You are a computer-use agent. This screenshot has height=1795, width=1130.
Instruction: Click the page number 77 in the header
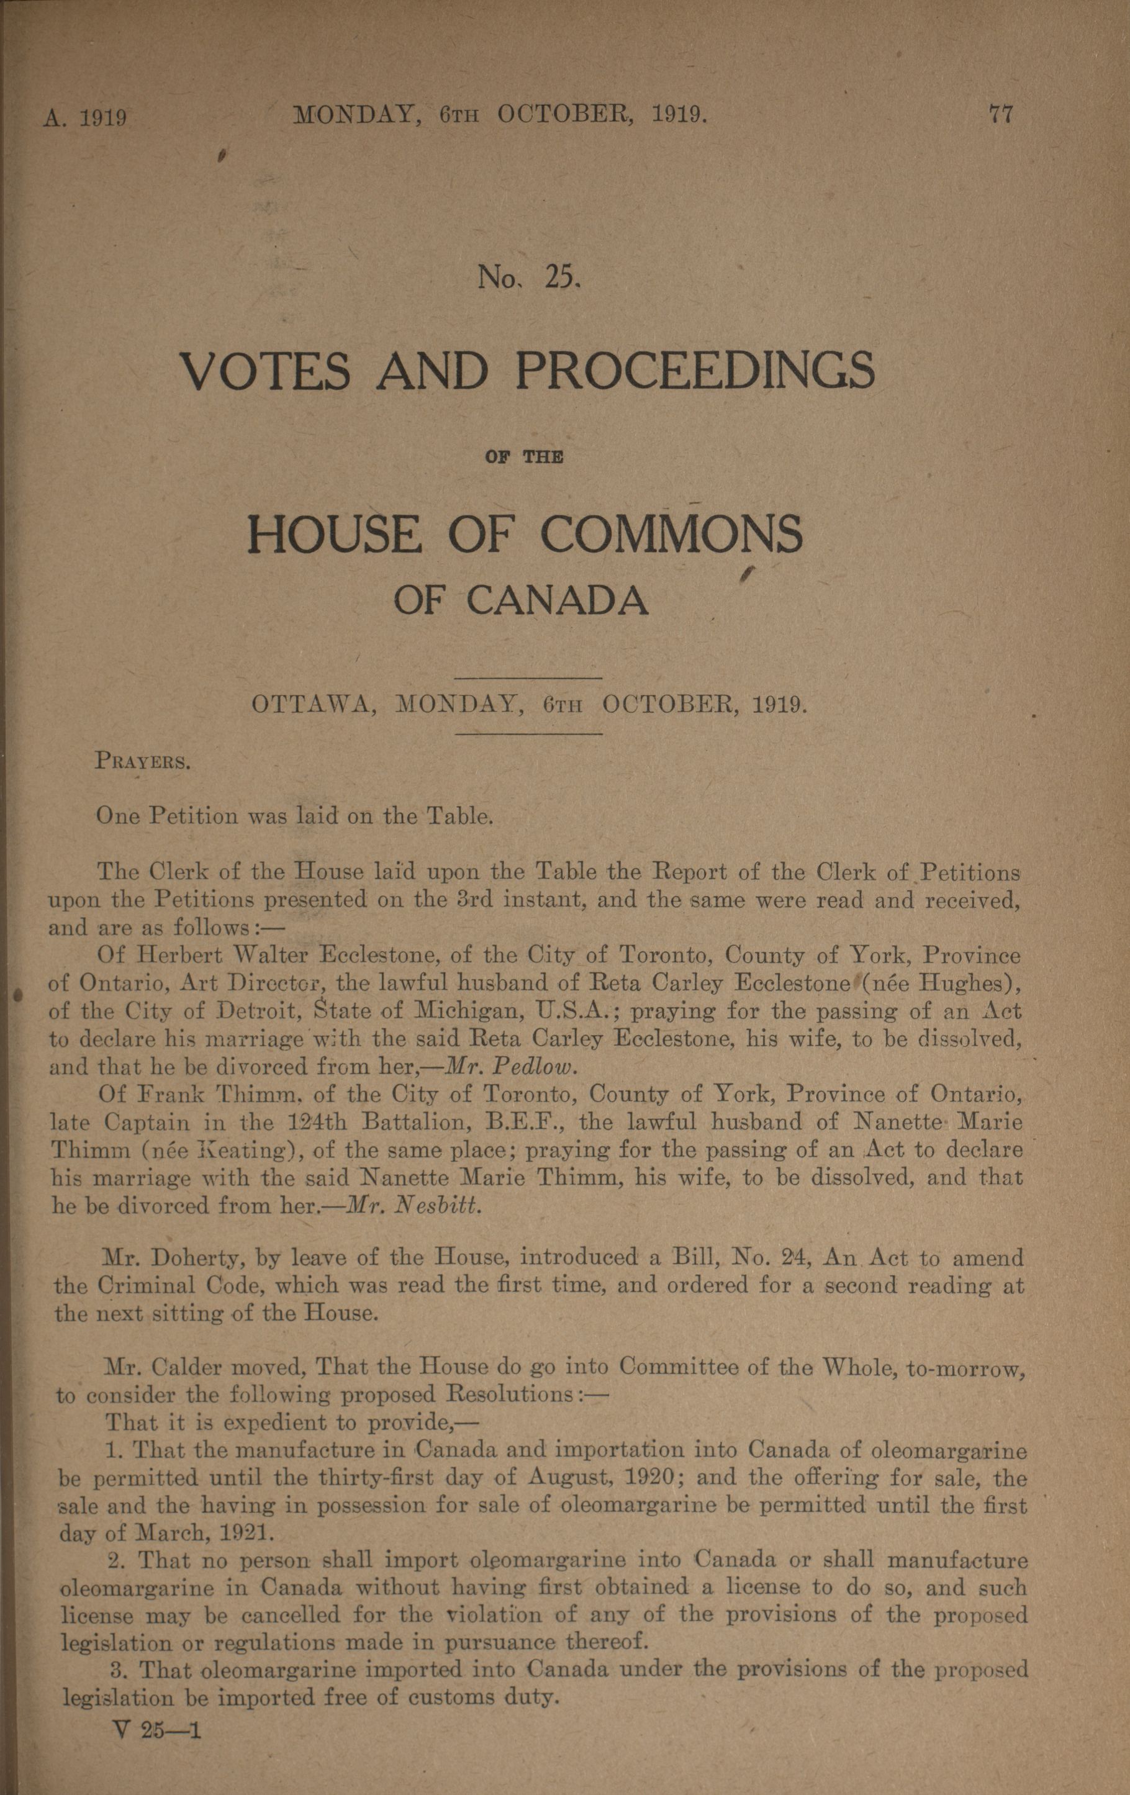pyautogui.click(x=1000, y=115)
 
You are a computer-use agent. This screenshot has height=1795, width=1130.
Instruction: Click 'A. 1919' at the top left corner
pyautogui.click(x=84, y=119)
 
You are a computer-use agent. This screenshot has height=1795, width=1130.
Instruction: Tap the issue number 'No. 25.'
pyautogui.click(x=528, y=278)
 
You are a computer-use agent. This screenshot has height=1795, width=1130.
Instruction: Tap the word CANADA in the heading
pyautogui.click(x=558, y=601)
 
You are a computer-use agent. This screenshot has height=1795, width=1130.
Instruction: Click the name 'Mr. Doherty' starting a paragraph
pyautogui.click(x=175, y=1259)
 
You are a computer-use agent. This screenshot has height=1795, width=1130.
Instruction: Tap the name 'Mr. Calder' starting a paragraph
pyautogui.click(x=172, y=1368)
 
